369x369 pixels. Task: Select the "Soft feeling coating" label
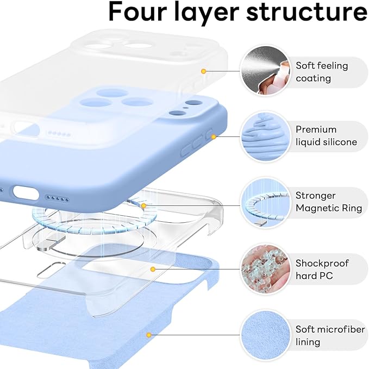pos(321,72)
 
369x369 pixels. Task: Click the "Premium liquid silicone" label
pos(326,136)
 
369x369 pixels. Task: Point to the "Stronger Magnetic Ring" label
pos(323,202)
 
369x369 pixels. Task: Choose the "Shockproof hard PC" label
pos(322,270)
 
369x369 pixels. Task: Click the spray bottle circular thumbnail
pos(263,71)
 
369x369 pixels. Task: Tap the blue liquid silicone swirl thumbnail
pos(263,136)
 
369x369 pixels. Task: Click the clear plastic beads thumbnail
pos(263,270)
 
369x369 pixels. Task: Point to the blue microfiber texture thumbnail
pos(263,336)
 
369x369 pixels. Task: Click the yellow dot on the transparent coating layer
pos(203,71)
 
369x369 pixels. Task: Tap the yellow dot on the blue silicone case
pos(214,137)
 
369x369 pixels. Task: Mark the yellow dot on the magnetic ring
pos(144,205)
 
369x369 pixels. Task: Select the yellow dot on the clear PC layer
pos(154,269)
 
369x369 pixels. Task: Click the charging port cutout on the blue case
pos(23,192)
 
